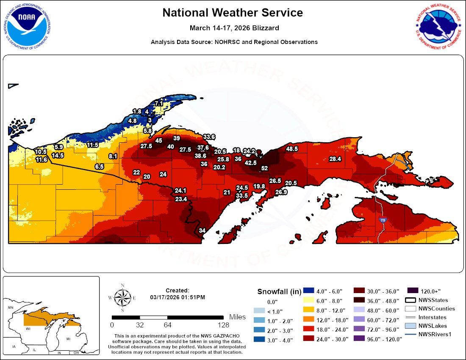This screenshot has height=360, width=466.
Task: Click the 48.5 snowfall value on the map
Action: coord(292,149)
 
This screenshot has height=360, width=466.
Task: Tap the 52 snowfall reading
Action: coord(264,168)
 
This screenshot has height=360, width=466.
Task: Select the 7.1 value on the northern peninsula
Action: coord(159,103)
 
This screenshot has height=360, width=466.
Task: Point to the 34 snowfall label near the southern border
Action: coord(202,230)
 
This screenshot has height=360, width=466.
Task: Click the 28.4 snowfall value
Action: coord(335,159)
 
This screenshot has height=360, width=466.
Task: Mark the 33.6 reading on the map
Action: coord(209,137)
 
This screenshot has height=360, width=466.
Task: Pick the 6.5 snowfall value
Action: coord(99,167)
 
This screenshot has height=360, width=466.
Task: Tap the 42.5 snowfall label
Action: coord(250,163)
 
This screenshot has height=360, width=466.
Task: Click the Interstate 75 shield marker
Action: coord(383,220)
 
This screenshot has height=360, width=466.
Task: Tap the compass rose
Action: coord(122,298)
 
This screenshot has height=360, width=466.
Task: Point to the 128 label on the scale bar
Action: coord(223,325)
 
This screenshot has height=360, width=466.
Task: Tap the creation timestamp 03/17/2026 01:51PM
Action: coord(178,297)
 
